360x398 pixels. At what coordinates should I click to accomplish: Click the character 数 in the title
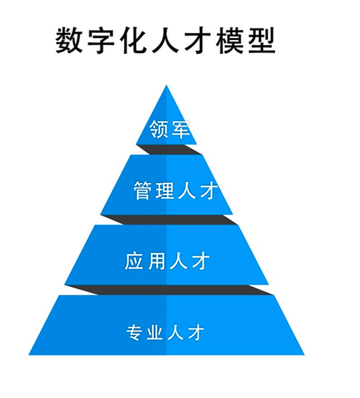[69, 40]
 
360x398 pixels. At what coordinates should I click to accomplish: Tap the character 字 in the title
[101, 40]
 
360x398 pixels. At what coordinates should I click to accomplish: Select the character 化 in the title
[133, 40]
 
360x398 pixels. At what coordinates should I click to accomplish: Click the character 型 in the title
[262, 40]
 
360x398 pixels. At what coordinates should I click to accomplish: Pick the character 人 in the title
[165, 40]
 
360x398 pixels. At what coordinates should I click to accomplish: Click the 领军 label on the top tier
[169, 129]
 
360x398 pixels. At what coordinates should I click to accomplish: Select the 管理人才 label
[175, 191]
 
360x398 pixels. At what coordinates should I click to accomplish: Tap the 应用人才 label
[167, 261]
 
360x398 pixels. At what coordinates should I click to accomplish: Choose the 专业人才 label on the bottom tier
[165, 332]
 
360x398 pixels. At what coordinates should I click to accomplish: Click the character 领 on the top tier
[159, 129]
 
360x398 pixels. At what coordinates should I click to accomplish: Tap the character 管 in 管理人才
[143, 191]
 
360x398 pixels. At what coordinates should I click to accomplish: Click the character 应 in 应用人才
[134, 261]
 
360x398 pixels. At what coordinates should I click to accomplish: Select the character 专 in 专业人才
[134, 332]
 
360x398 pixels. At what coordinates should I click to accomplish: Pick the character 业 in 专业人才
[155, 332]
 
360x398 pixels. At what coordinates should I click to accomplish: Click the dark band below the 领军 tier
[169, 149]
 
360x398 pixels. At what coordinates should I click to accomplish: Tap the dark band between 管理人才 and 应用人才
[169, 219]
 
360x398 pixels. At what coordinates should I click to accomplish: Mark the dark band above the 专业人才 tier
[169, 290]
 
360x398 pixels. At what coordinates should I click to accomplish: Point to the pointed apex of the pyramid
[167, 85]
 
